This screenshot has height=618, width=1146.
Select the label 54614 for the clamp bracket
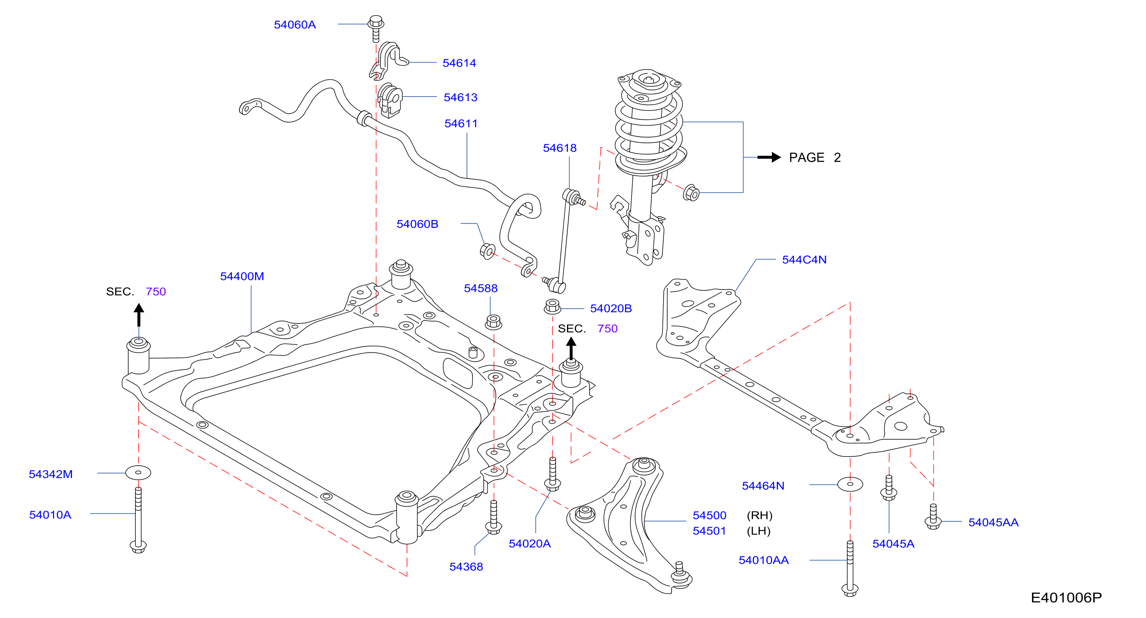pyautogui.click(x=459, y=63)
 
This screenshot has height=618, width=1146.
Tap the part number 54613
pyautogui.click(x=460, y=97)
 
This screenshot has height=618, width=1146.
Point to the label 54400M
pyautogui.click(x=242, y=276)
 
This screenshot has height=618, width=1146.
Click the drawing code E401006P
pyautogui.click(x=1066, y=598)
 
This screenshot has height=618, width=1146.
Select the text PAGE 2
pyautogui.click(x=815, y=157)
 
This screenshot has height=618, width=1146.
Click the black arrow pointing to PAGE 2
pyautogui.click(x=769, y=157)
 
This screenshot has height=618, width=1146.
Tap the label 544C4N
pyautogui.click(x=804, y=260)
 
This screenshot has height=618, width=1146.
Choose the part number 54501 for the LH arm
pyautogui.click(x=709, y=531)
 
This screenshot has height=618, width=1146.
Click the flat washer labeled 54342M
pyautogui.click(x=138, y=473)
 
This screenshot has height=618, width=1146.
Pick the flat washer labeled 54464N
pyautogui.click(x=850, y=484)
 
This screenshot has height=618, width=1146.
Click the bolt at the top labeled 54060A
pyautogui.click(x=376, y=28)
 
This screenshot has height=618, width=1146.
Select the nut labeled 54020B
pyautogui.click(x=552, y=307)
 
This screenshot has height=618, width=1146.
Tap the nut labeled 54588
pyautogui.click(x=493, y=322)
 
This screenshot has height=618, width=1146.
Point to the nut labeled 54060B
pyautogui.click(x=487, y=251)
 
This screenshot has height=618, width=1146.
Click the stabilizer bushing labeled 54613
pyautogui.click(x=390, y=100)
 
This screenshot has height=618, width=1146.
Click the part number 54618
pyautogui.click(x=559, y=148)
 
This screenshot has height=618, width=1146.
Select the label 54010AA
pyautogui.click(x=763, y=560)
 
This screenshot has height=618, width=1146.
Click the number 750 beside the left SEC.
pyautogui.click(x=156, y=292)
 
